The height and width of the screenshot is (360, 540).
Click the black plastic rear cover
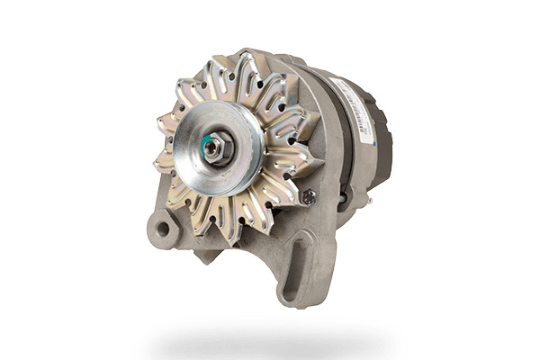point(383,144)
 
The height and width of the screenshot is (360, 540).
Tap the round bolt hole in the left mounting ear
point(163,229)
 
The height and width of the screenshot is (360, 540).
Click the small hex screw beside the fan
point(309,196)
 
